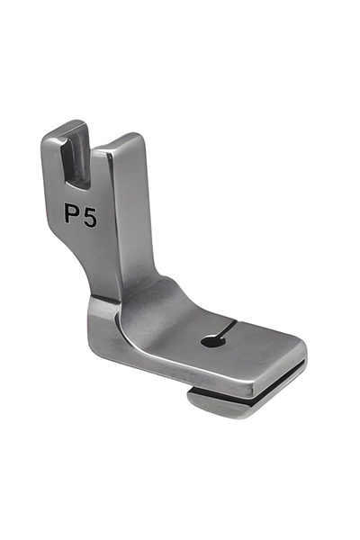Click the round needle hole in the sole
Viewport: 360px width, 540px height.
click(x=209, y=340)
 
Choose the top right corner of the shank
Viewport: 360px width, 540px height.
click(x=139, y=137)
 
